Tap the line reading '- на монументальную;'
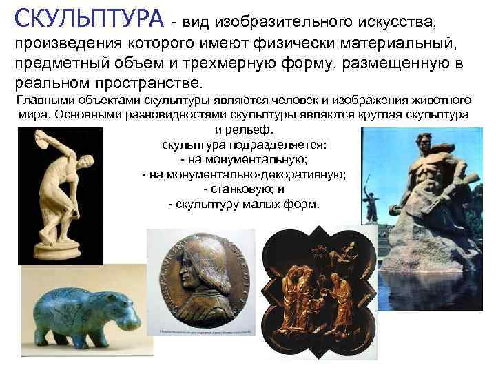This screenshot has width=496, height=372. pos(245,160)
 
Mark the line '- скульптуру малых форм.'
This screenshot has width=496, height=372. pos(244,204)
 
